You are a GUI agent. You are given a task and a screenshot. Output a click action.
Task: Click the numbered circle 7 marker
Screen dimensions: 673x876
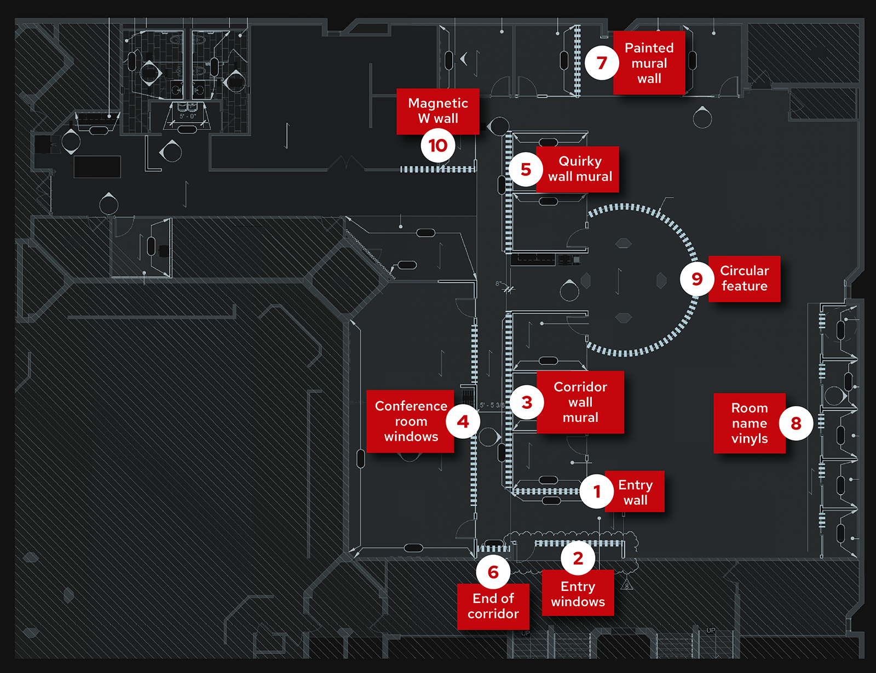point(602,63)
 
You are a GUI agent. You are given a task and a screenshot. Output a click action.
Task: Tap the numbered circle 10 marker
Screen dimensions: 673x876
point(438,146)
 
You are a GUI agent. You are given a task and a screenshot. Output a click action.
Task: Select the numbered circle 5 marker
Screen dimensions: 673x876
point(526,170)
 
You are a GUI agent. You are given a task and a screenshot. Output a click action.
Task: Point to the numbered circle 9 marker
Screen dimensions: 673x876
point(697,279)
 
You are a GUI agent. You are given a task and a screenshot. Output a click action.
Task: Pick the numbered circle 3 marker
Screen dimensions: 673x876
point(527,403)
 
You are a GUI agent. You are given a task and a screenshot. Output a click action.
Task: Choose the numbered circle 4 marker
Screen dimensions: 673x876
point(463,422)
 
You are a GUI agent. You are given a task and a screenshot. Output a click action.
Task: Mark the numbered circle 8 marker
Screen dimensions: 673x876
point(796,423)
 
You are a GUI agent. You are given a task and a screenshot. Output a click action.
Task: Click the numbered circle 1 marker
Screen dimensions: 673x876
point(597,492)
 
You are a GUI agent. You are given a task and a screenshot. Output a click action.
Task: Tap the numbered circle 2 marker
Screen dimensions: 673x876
point(578,559)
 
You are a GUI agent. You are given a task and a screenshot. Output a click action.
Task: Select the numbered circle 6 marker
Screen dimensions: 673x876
point(493,572)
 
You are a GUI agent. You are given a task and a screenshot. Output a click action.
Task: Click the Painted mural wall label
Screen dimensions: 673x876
point(649,63)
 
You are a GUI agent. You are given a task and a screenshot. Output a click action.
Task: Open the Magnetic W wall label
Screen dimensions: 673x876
point(438,111)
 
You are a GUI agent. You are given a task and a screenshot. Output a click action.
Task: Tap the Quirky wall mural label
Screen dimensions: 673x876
point(580,169)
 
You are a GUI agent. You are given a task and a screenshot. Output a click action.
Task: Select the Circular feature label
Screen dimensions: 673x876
point(745,279)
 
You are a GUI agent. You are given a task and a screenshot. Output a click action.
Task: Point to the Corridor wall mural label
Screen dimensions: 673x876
point(580,402)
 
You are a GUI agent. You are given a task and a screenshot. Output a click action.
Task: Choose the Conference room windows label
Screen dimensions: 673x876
point(411,421)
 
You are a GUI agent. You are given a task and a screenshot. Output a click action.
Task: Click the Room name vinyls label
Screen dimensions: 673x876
point(750,423)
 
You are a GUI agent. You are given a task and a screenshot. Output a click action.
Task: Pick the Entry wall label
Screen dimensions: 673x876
point(635,492)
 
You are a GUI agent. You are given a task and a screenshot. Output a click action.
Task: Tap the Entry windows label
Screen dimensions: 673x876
point(578,594)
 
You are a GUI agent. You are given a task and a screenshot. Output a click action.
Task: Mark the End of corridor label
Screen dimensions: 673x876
point(493,606)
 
